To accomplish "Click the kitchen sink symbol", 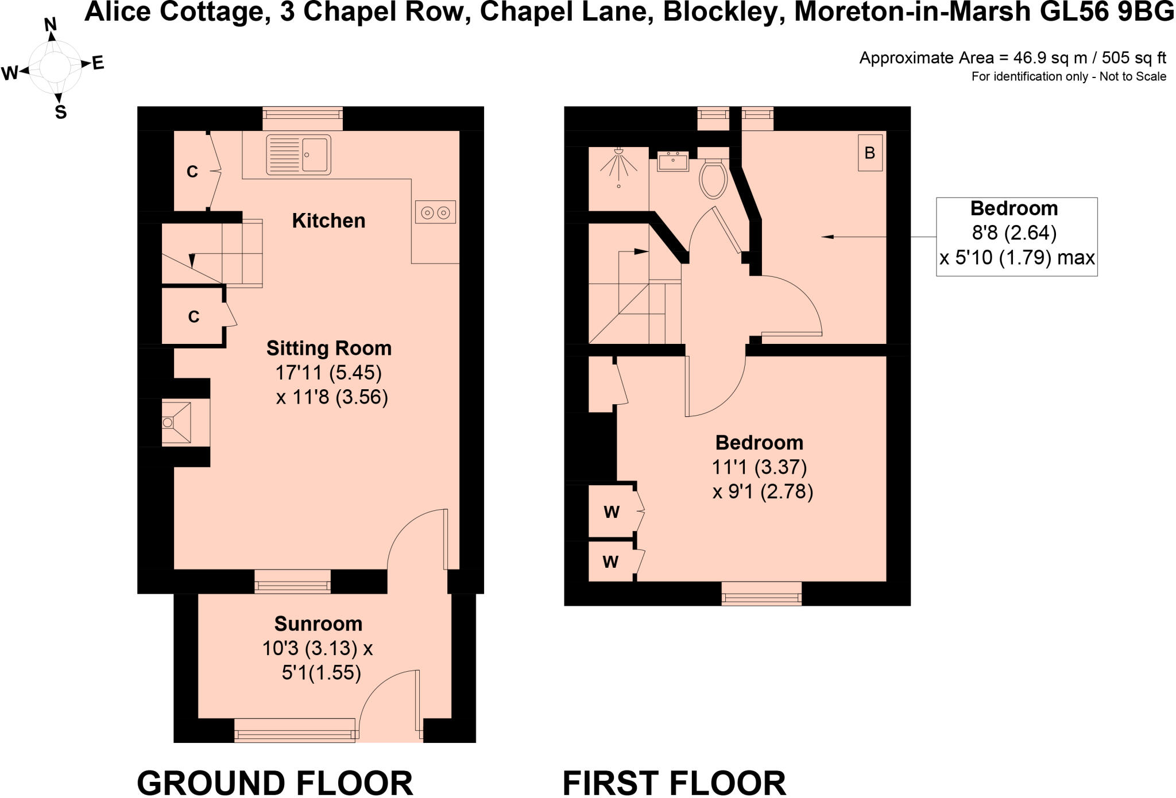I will tap(299, 154).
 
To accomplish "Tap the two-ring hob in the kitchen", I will tap(435, 212).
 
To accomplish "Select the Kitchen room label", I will tap(328, 221).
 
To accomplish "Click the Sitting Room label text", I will tap(328, 348).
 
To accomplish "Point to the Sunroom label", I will tap(318, 624).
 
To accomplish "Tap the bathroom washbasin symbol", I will tap(672, 161).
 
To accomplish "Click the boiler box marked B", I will tap(869, 153).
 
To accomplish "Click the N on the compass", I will tap(51, 24).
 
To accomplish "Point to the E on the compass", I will tap(98, 63).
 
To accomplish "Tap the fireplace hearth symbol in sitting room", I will tap(176, 423).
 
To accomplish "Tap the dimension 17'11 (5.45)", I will tap(328, 373).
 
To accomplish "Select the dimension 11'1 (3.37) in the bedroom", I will tap(759, 467).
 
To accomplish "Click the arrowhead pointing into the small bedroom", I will tap(827, 237).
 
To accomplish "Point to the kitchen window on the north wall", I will tap(303, 118).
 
